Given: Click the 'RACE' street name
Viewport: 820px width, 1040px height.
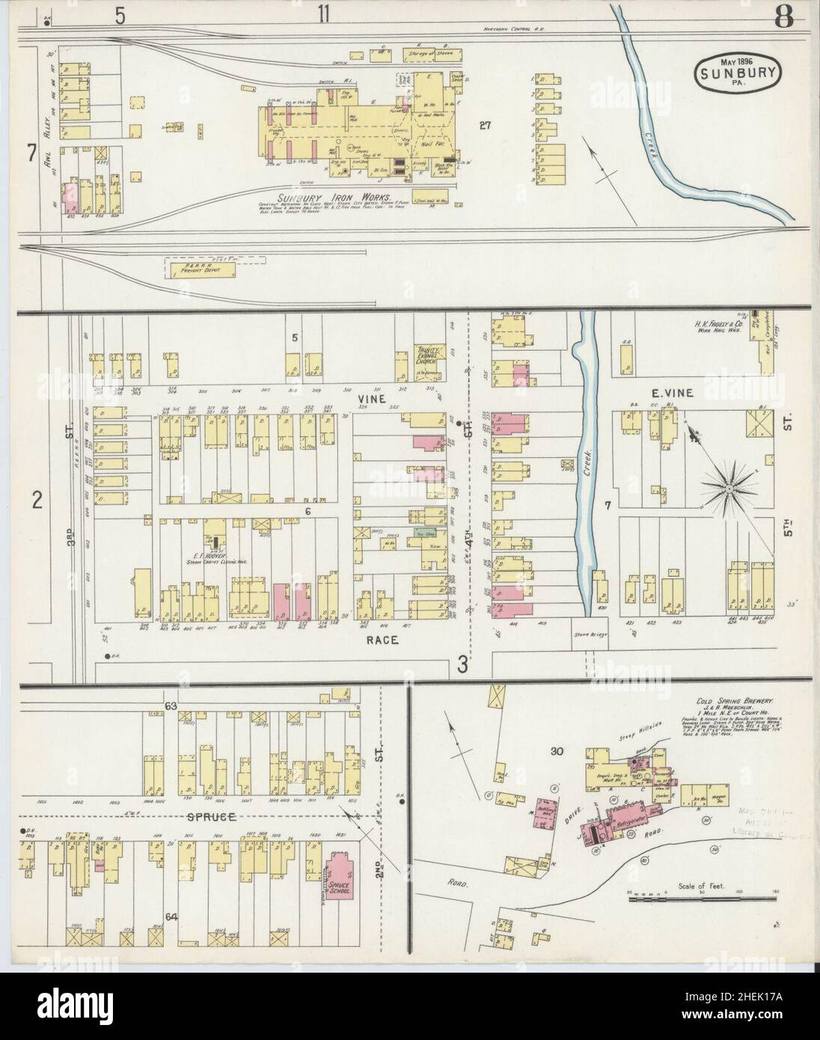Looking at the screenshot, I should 382,640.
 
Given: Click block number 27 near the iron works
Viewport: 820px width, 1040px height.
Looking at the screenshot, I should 485,125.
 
